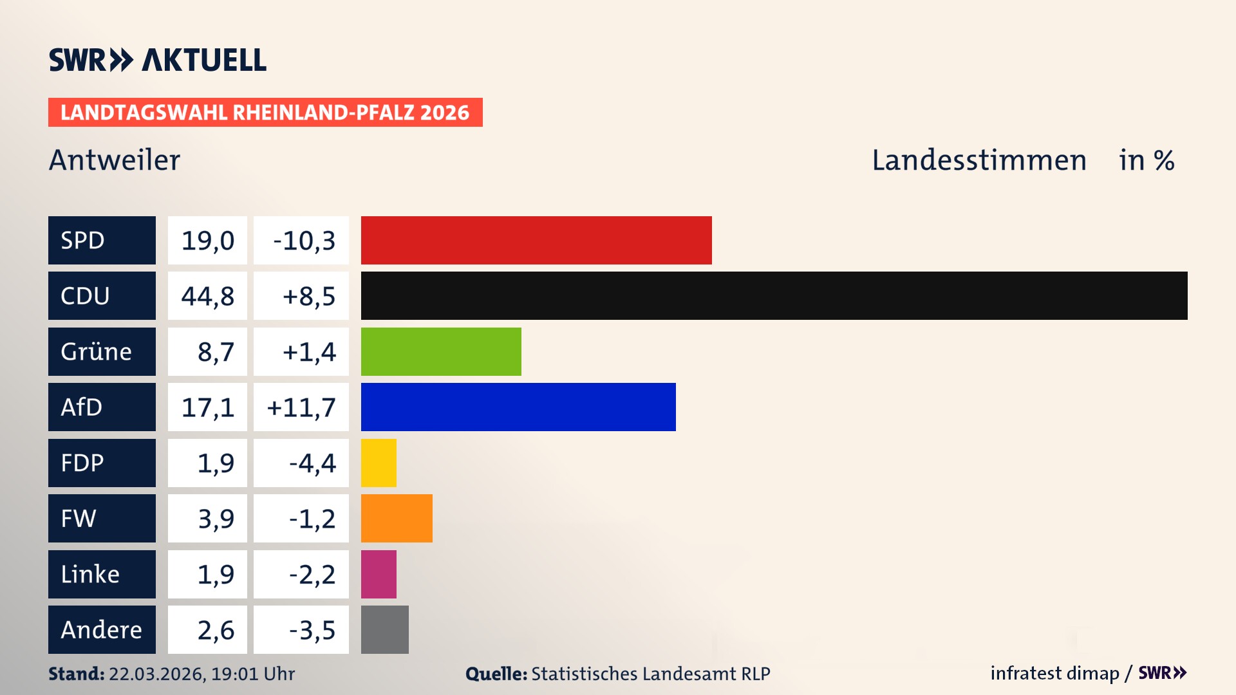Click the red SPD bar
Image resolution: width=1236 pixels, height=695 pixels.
coord(536,240)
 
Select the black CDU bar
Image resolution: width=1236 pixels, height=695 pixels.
coord(774,295)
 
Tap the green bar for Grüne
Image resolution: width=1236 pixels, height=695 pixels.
coord(441,351)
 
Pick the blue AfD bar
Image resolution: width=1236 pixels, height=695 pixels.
coord(518,407)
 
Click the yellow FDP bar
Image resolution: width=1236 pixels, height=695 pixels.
coord(379,463)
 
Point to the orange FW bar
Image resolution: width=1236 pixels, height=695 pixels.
coord(397,518)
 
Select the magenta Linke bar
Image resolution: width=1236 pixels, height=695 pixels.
coord(379,574)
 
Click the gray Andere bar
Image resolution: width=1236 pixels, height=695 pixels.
coord(384,629)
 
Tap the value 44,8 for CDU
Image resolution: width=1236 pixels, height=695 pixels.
coord(207,296)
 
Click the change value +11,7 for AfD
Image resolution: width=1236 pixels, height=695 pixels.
coord(301,407)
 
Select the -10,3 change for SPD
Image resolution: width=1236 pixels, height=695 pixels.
coord(304,241)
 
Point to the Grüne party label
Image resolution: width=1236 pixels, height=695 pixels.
coord(97,352)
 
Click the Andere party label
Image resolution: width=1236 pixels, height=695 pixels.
coord(101,630)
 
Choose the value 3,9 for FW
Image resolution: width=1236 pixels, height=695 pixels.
coord(216,519)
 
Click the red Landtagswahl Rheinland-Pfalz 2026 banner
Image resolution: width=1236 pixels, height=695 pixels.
coord(265,113)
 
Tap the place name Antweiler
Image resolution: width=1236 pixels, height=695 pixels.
coord(115,160)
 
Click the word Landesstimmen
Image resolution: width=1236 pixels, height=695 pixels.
coord(979,160)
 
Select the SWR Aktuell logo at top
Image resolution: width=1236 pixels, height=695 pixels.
coord(158,60)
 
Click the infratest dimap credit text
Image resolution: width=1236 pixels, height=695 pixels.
coord(1054,673)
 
